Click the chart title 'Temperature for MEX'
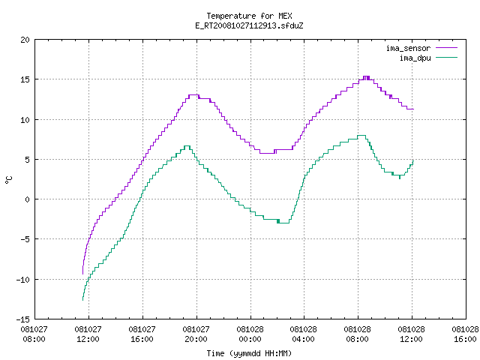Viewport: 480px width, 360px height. [x=249, y=16]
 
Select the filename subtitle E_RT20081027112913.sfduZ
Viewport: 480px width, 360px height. [x=249, y=25]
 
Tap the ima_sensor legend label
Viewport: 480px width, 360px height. [x=408, y=48]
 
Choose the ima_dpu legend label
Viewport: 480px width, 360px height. [x=415, y=58]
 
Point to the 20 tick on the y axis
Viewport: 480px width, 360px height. [x=25, y=40]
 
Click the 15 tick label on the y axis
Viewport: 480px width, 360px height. [x=25, y=79]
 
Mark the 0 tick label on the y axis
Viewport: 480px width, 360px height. [x=28, y=199]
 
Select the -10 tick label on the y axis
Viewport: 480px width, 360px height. [x=23, y=280]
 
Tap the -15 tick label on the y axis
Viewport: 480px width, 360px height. [x=23, y=319]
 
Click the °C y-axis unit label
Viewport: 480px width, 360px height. [x=8, y=180]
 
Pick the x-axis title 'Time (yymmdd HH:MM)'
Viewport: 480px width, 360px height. [x=249, y=353]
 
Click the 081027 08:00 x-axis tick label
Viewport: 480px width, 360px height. [x=34, y=334]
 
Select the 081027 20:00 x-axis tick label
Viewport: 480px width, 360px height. [x=196, y=334]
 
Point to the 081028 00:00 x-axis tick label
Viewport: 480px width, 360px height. [x=250, y=334]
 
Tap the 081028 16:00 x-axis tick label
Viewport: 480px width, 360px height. [x=465, y=334]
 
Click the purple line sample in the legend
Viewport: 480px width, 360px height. [x=447, y=48]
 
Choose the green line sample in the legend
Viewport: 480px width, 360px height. [x=447, y=57]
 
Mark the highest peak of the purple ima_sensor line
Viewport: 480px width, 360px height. [x=366, y=76]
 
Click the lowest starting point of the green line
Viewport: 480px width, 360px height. [x=82, y=300]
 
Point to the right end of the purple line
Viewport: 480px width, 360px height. [x=413, y=109]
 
